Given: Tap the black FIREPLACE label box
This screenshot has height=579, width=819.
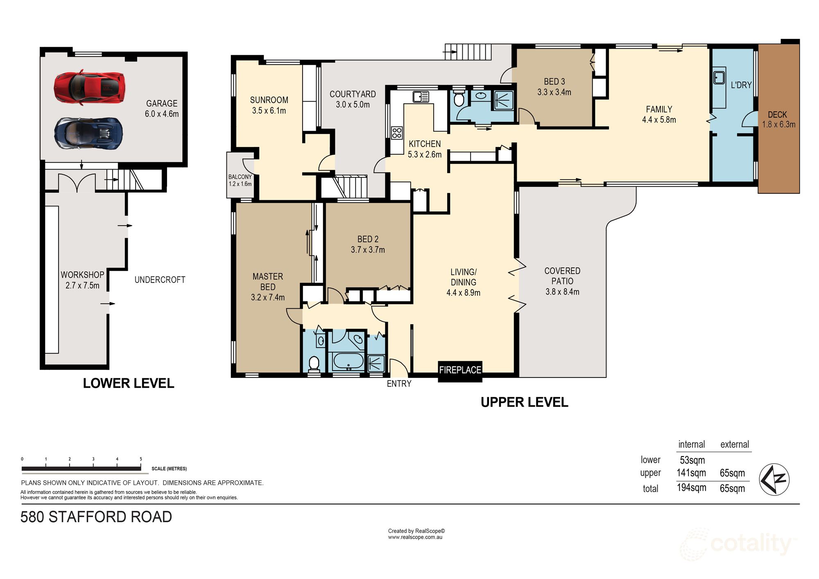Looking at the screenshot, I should [460, 370].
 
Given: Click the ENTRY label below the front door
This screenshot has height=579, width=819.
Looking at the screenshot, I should [399, 384].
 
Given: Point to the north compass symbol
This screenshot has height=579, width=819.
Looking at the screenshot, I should [774, 479].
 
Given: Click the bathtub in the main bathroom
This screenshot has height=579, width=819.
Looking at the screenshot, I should [348, 361].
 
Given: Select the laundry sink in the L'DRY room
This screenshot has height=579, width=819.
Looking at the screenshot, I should [719, 77].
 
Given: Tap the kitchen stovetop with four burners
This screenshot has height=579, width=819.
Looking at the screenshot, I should [396, 133].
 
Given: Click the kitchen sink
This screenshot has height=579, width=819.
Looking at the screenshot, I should [421, 97].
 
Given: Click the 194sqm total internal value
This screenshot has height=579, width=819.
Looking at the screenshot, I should [691, 488].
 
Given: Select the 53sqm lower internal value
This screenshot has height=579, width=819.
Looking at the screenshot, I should [692, 460].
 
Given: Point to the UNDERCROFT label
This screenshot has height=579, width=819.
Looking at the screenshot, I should [160, 280].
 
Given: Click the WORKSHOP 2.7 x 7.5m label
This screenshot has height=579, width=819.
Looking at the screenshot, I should [82, 280].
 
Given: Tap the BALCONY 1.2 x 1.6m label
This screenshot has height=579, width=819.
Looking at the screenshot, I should [240, 181].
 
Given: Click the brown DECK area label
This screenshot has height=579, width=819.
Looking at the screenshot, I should [778, 120].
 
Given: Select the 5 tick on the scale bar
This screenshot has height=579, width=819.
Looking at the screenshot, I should [141, 459].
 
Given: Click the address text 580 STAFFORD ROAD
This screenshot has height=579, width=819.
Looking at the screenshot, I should [96, 517].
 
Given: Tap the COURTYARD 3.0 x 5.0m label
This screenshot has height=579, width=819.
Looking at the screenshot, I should [353, 100].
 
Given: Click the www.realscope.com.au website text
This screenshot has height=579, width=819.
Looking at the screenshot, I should [415, 537].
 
